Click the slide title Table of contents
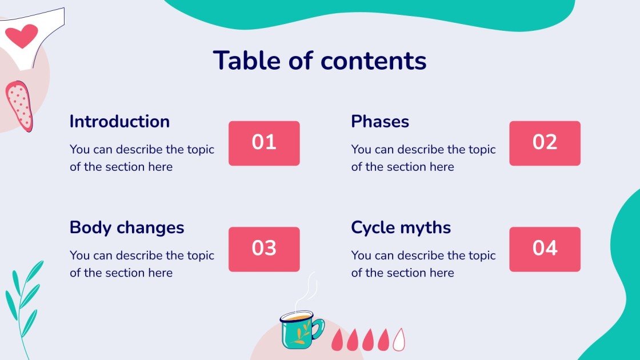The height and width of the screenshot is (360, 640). point(319,61)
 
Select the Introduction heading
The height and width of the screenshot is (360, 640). point(119,122)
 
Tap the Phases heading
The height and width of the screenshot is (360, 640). point(380,122)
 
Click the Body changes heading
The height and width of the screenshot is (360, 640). point(127,227)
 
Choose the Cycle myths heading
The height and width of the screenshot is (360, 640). point(401,227)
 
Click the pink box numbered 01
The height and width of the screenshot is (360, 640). point(264,143)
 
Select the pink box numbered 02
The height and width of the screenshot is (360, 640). point(545,143)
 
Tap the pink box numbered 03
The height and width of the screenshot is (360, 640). point(264,249)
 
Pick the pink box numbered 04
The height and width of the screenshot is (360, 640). point(545,249)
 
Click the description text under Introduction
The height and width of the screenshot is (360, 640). point(142,158)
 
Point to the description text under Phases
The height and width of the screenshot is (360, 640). point(423,158)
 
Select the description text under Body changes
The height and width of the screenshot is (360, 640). point(142,264)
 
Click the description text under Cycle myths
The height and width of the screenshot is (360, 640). point(423,264)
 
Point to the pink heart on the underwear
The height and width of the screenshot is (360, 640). point(22,36)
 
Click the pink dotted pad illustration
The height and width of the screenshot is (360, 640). point(19,106)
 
